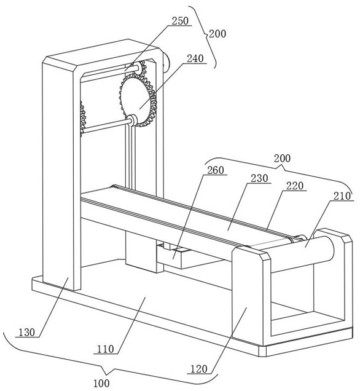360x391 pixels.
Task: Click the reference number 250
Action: [181, 21]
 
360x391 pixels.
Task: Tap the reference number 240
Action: [195, 58]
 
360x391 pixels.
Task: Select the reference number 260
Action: [216, 170]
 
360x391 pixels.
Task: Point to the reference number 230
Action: [259, 178]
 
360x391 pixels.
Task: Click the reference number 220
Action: [295, 186]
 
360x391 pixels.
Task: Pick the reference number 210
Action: [342, 196]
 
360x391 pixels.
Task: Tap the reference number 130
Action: [27, 333]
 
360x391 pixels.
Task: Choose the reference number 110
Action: [106, 349]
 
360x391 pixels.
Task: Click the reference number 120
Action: [199, 369]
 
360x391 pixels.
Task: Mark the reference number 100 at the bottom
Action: [101, 383]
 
